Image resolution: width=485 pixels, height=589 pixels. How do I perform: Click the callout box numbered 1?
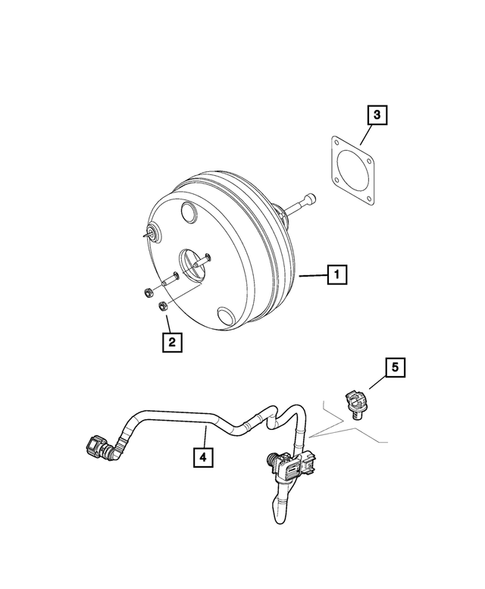coord(339,273)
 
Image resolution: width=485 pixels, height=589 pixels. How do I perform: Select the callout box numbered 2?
coord(172,343)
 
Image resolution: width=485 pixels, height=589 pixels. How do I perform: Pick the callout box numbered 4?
coord(203,457)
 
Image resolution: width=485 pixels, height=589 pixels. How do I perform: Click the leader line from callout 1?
coord(313,273)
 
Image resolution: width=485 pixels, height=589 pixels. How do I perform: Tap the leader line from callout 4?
coord(203,436)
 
